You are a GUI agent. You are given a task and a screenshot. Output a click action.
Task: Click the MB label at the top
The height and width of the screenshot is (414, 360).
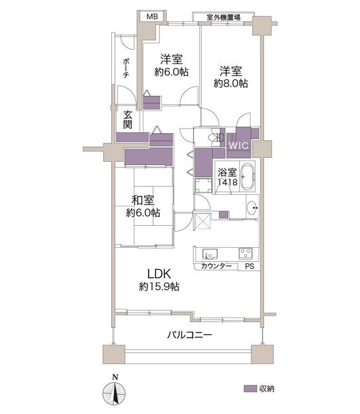click(x=152, y=17)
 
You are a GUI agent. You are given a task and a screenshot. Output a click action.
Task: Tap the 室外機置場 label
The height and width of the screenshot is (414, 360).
click(x=224, y=17)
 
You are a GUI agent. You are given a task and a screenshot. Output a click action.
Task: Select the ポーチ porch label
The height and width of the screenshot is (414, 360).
click(x=126, y=68)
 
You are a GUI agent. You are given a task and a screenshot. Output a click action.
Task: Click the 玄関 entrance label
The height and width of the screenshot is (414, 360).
click(x=128, y=120)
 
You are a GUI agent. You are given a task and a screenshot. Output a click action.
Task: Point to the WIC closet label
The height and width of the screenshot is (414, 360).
click(x=238, y=145)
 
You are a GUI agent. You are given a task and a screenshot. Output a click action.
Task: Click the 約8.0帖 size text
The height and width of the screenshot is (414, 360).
click(x=231, y=83)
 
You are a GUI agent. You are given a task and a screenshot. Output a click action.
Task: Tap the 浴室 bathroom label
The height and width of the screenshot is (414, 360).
click(x=227, y=173)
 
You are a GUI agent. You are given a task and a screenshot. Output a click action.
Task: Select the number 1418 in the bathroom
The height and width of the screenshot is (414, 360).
click(x=228, y=182)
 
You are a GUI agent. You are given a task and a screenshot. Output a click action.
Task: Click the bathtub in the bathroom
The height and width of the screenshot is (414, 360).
click(x=248, y=177)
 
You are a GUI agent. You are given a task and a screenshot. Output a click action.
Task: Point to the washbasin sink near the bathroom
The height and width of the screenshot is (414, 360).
click(x=253, y=208)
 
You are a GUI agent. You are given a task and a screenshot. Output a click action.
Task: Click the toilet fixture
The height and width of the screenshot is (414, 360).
click(x=214, y=137)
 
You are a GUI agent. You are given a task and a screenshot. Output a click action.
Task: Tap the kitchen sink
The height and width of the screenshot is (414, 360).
click(x=210, y=254)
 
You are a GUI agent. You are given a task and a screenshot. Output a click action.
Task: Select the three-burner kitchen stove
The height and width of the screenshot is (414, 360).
click(x=246, y=254)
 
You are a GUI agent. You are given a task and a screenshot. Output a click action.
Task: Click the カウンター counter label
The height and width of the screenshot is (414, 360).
click(x=217, y=266)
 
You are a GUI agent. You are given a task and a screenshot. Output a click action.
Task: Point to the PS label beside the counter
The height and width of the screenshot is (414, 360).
click(x=249, y=267)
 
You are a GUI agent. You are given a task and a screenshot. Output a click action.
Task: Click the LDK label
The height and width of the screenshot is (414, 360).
click(x=159, y=274)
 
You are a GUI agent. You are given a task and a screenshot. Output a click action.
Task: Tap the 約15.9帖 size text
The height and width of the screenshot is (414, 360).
click(x=159, y=287)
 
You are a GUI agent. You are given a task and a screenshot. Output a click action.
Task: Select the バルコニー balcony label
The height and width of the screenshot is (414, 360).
click(x=189, y=335)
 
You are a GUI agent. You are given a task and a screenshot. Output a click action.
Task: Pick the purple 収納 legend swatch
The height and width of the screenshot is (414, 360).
click(x=250, y=389)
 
